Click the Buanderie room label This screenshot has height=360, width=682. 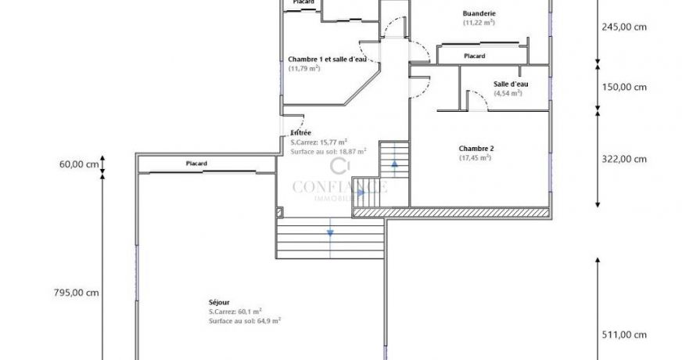point(479,13)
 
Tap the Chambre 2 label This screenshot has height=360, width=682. point(476,148)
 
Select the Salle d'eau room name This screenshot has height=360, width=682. point(511,84)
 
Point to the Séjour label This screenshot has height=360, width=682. point(220,301)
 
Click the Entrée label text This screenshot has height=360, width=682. point(301,133)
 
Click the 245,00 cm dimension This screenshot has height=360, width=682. point(623,27)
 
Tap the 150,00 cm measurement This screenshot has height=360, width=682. point(623,87)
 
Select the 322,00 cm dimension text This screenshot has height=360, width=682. point(623,159)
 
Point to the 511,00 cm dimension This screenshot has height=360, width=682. point(623,335)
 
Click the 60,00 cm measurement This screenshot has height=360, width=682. point(79,164)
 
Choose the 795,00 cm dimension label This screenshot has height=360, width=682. point(76,293)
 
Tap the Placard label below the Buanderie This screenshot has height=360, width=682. point(474,56)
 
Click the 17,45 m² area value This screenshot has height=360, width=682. point(475,157)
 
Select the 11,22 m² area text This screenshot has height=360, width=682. point(479,23)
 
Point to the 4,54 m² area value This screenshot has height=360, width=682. point(508,93)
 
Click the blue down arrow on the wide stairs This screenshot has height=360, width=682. point(330,231)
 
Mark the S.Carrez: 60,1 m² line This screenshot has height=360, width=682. point(235,311)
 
